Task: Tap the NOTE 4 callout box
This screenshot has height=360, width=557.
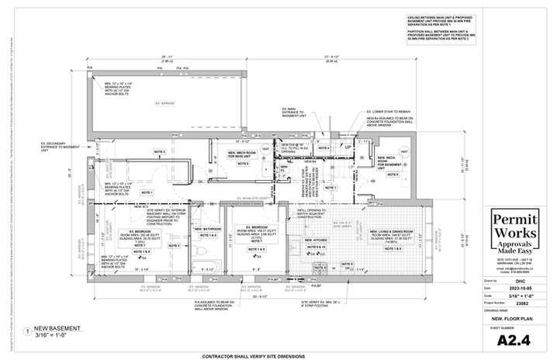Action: pos(324,148)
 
